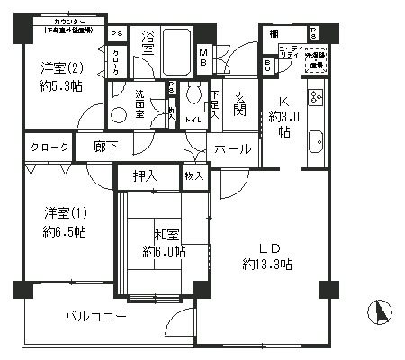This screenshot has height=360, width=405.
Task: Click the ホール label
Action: [x=233, y=149]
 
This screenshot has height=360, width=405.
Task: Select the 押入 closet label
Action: [x=146, y=176]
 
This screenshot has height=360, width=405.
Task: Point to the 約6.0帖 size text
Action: [x=163, y=252]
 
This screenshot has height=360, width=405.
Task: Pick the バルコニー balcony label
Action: [x=94, y=316]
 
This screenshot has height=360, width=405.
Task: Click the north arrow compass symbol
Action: [x=380, y=313]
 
